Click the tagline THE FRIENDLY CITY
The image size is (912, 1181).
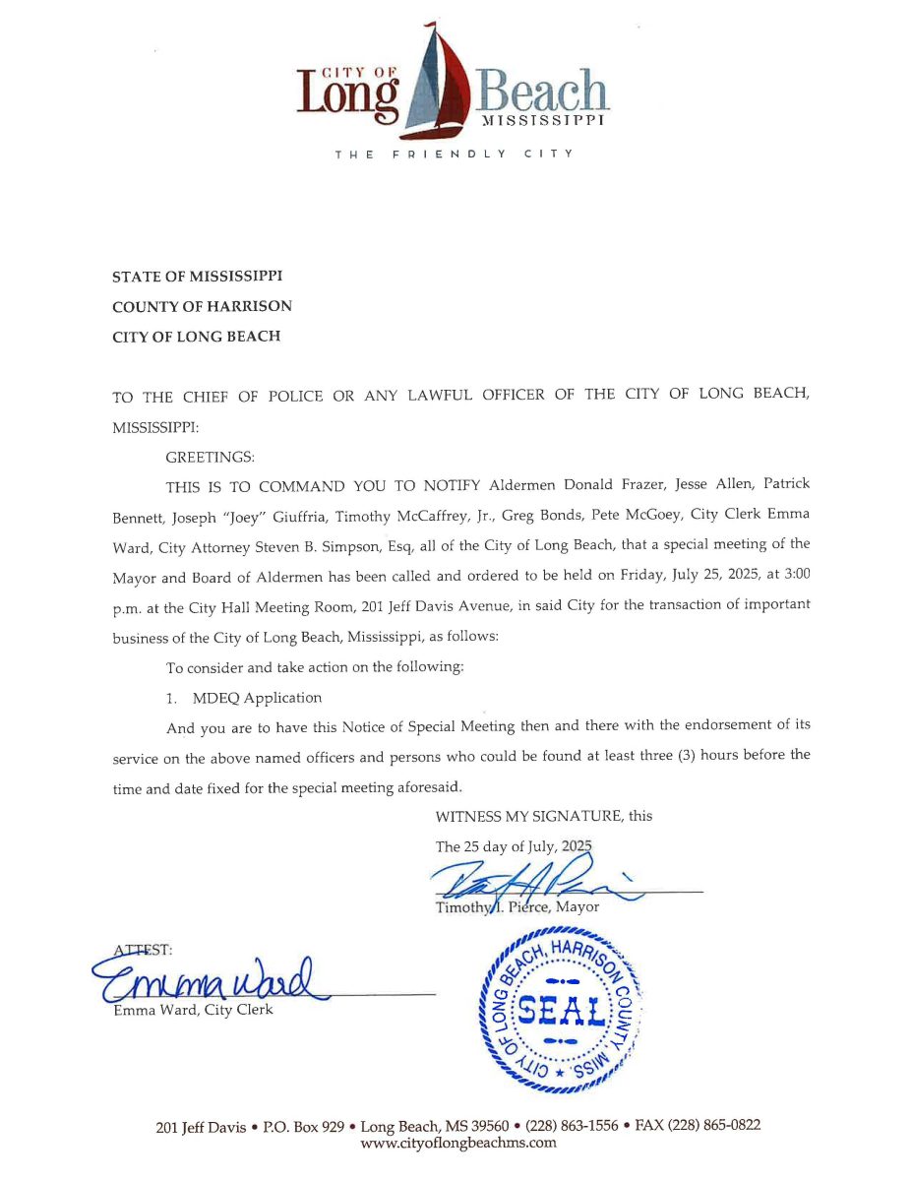pos(454,155)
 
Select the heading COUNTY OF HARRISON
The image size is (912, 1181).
pos(202,306)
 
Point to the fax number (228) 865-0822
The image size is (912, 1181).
pos(713,1126)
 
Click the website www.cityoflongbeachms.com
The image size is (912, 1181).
pos(458,1143)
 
